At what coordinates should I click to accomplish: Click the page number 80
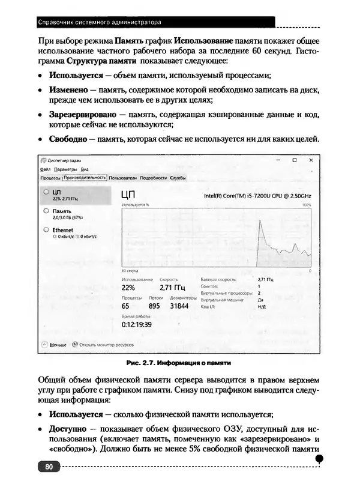coord(49,467)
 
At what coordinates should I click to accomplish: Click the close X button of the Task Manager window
coord(310,160)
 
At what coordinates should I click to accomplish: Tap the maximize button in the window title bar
coord(295,160)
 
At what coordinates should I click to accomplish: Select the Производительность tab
coord(85,178)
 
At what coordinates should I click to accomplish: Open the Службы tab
coord(178,178)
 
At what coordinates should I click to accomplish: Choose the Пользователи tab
coord(123,178)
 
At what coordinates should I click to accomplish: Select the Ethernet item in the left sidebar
coord(62,230)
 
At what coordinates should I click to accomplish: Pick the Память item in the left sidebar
coord(61,211)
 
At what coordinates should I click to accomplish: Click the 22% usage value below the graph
coord(128,288)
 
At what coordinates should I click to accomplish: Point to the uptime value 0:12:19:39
coord(136,324)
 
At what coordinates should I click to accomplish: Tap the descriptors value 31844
coord(179,306)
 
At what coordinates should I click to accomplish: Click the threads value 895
coord(154,306)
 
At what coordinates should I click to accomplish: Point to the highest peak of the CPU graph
coord(260,221)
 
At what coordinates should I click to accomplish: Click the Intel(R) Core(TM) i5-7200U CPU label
coord(258,196)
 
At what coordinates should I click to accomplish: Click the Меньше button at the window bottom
coord(58,345)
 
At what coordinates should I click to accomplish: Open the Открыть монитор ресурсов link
coord(106,345)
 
